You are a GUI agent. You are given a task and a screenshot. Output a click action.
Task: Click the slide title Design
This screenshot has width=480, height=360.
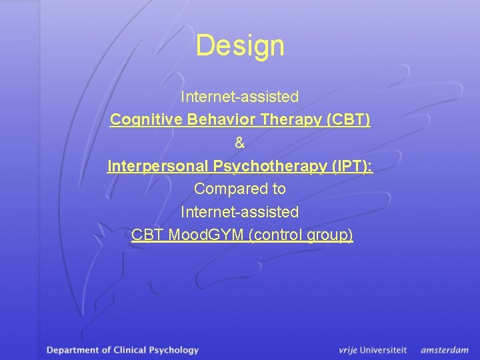(240, 46)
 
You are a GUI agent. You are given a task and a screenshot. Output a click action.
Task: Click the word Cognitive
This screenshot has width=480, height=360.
(139, 120)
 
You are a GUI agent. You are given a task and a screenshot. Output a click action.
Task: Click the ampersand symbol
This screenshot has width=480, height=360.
(240, 143)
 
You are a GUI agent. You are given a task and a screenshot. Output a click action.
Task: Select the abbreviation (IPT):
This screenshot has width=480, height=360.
(351, 166)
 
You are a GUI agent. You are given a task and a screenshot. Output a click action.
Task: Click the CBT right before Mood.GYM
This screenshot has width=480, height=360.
(147, 235)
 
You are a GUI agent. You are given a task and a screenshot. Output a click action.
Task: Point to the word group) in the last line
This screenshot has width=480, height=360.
(331, 235)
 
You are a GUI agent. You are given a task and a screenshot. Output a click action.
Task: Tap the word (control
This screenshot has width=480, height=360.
(277, 235)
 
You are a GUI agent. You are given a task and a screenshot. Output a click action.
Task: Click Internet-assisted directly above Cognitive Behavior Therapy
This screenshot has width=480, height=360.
(240, 97)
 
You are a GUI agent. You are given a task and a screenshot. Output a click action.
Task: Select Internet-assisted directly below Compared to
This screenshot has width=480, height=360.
(240, 212)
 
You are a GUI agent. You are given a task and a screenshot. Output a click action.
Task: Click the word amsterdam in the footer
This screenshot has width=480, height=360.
(445, 350)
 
